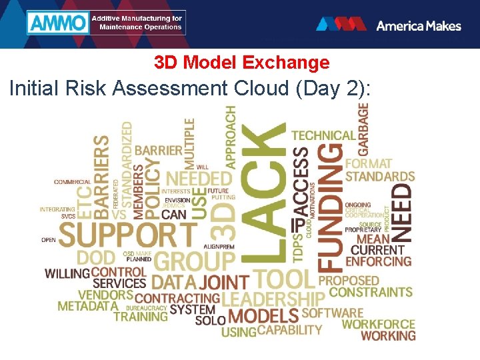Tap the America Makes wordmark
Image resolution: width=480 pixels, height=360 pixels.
[418, 25]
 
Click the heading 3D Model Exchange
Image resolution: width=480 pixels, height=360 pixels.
[241, 63]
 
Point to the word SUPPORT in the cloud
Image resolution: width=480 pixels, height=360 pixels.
[128, 235]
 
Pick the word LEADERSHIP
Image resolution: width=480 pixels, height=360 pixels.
[273, 299]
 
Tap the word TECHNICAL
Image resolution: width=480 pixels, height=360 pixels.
[323, 135]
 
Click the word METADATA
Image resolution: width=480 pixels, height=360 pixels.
[87, 307]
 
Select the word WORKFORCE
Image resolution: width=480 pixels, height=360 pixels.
[379, 324]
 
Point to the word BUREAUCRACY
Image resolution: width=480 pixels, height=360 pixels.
[145, 308]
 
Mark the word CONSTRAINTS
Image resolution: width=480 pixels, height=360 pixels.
[371, 292]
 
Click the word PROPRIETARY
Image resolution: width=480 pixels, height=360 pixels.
[363, 229]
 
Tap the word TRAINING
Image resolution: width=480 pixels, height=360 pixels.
[141, 317]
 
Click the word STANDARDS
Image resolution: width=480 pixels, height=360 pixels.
[380, 177]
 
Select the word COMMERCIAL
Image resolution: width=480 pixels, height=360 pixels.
[73, 182]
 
